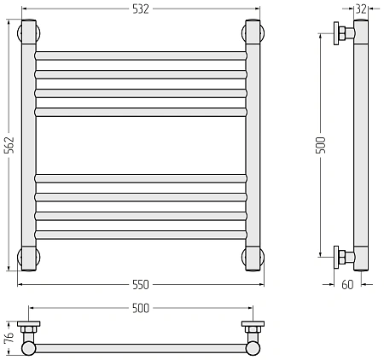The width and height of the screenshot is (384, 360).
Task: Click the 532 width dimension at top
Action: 141,9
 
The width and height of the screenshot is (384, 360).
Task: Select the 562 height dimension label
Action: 9,145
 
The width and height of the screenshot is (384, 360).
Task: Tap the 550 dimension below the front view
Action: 141,284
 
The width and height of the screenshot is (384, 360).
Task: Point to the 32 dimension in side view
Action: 361,9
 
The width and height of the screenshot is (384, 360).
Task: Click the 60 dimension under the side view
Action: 347,284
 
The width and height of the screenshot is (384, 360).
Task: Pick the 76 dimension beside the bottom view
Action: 9,337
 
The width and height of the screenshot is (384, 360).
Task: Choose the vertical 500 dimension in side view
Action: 321,145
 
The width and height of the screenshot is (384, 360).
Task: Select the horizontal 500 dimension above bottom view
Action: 141,308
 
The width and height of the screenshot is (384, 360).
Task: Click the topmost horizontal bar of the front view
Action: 141,55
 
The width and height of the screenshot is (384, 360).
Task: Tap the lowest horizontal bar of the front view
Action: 141,235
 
